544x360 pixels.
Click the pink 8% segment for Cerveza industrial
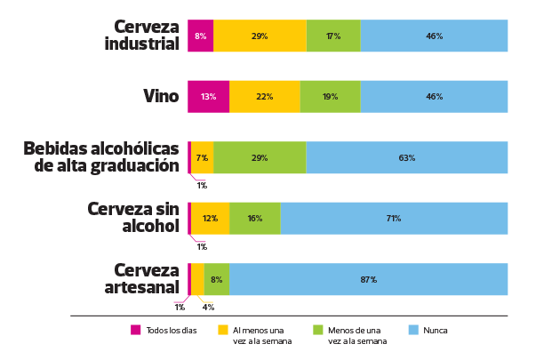point(200,36)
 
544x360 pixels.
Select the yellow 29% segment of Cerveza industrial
point(260,36)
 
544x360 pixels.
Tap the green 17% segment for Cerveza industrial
point(333,36)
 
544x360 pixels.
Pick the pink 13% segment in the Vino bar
point(208,96)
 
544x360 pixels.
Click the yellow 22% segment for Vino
point(264,96)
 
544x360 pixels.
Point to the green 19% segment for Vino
point(330,96)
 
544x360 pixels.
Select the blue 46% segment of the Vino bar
point(434,96)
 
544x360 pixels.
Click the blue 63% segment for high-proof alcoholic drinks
point(406,157)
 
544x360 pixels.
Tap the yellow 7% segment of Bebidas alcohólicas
point(202,157)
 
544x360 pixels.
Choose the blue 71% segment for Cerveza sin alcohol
point(394,218)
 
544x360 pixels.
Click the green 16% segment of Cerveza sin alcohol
point(254,218)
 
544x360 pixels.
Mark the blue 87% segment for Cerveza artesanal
point(368,279)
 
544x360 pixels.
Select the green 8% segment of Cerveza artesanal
point(216,279)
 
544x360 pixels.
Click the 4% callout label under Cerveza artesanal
point(208,308)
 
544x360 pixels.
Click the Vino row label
point(161,96)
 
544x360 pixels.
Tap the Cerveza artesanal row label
point(147,279)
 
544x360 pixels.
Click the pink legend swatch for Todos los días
point(136,330)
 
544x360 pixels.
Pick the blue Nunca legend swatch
point(412,330)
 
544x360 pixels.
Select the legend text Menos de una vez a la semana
point(357,335)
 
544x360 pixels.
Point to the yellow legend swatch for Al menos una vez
point(223,330)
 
